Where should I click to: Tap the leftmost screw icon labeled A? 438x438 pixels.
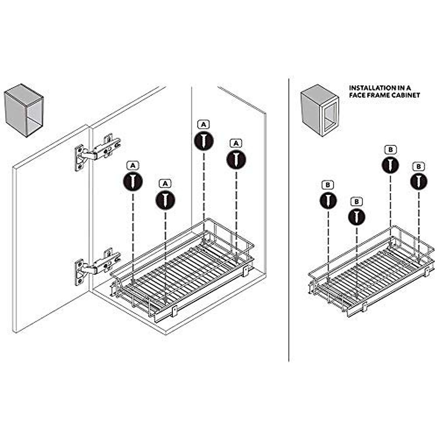pos(133,181)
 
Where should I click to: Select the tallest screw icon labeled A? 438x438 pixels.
pos(204,140)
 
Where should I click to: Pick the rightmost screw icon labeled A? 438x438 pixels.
pos(236,159)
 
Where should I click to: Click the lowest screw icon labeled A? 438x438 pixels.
pos(165,200)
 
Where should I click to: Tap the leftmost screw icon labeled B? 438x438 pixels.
pos(328,200)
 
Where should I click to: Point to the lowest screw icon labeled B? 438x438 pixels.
pos(357,216)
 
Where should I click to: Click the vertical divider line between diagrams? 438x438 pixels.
pos(289,219)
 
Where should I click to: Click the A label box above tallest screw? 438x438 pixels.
pos(204,124)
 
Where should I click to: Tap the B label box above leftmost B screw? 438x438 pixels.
pos(328,185)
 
